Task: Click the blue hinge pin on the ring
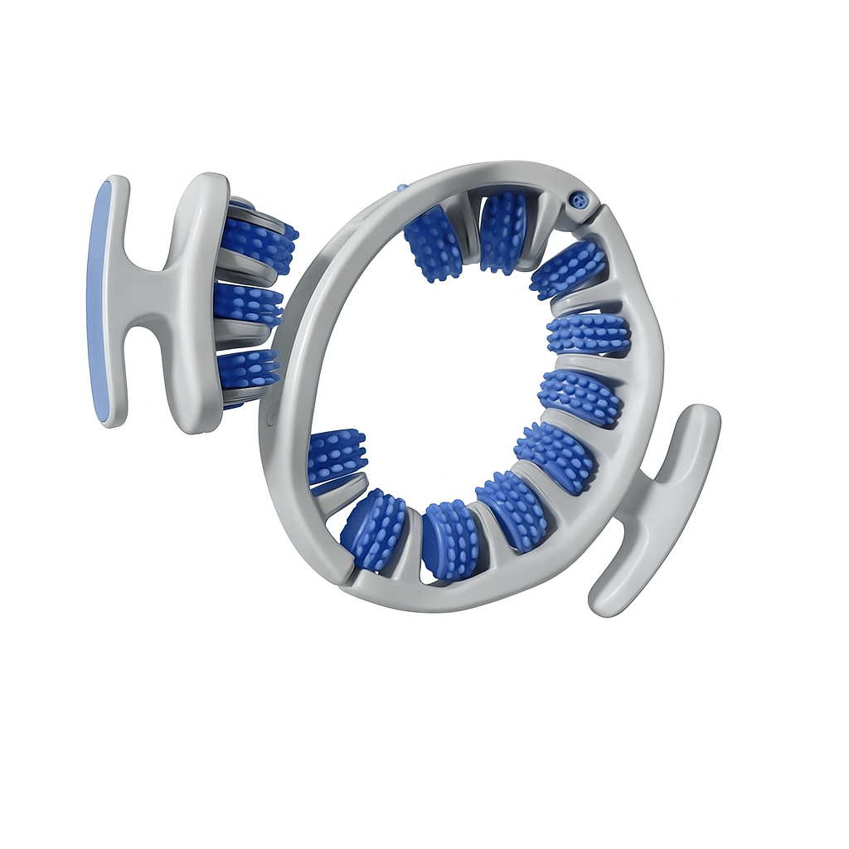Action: coord(580,201)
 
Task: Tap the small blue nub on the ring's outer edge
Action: coord(403,188)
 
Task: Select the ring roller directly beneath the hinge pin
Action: coord(568,269)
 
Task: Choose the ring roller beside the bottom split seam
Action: coord(373,531)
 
